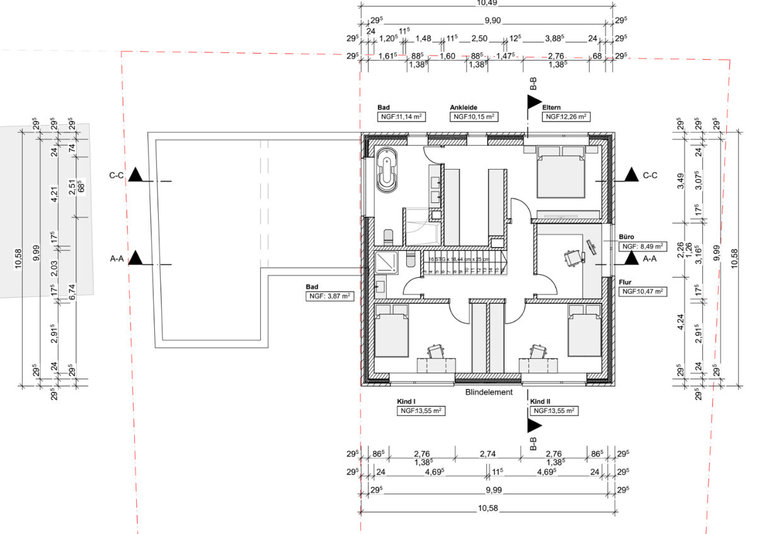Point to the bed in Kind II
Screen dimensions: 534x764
(x=585, y=331)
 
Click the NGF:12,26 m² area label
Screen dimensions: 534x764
(x=566, y=117)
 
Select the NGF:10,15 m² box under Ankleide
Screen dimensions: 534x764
(x=474, y=117)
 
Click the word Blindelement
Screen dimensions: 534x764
(x=489, y=392)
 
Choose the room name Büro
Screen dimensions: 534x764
(x=626, y=236)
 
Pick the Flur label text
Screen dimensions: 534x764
(x=625, y=282)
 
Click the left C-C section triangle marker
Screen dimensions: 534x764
(x=135, y=176)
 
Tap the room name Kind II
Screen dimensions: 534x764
(x=540, y=402)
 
